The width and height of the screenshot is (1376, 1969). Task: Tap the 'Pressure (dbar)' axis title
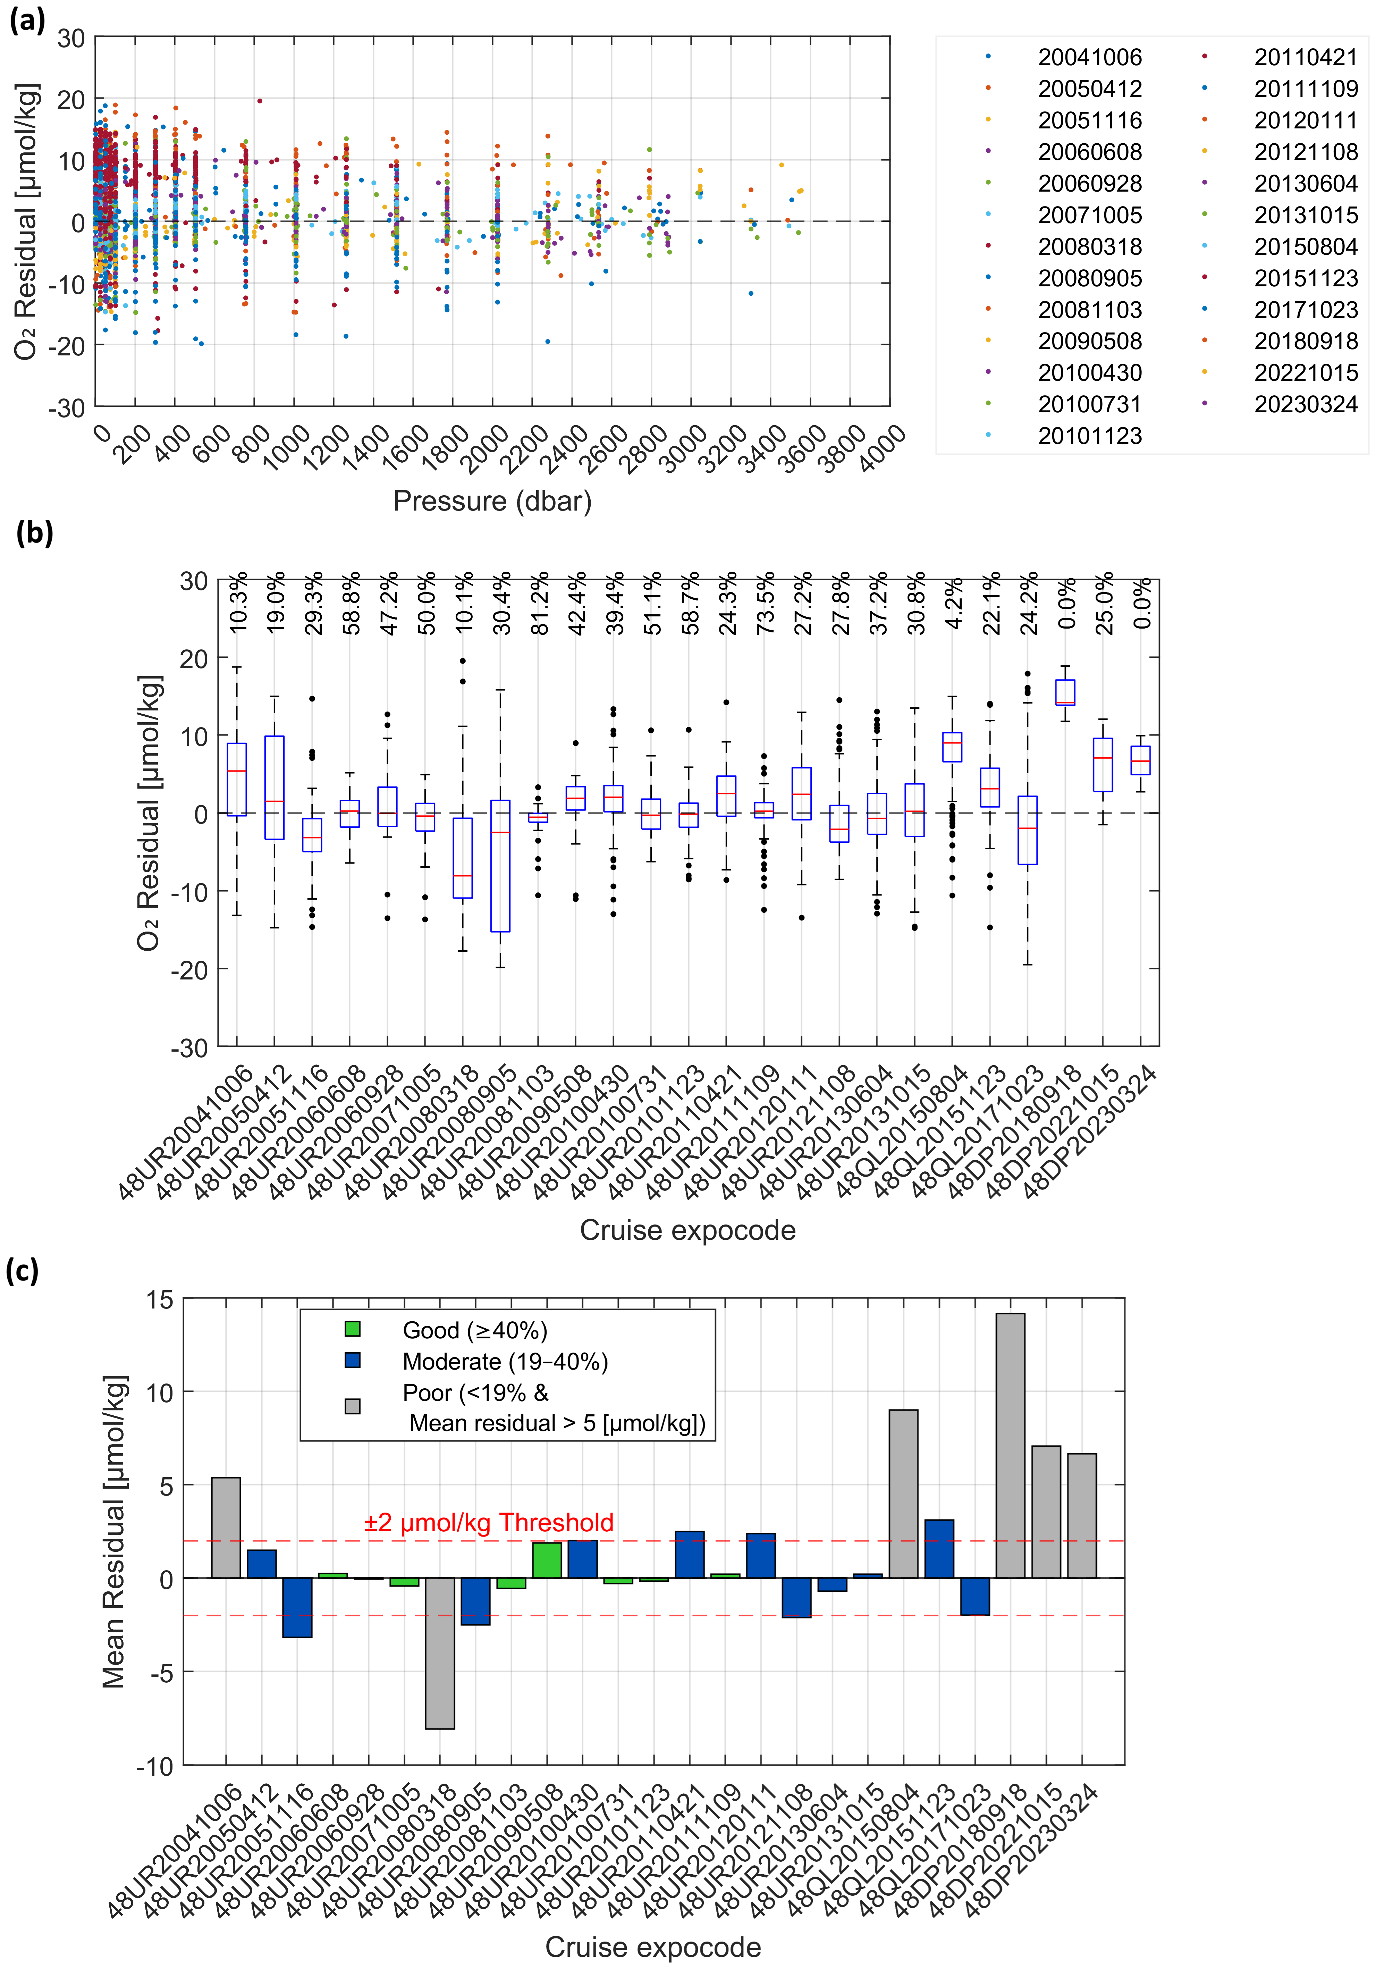(492, 501)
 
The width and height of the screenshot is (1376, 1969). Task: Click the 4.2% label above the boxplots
(953, 605)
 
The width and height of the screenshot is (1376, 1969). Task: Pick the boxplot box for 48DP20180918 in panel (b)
(1065, 692)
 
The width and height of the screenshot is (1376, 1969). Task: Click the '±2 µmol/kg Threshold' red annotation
(489, 1522)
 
